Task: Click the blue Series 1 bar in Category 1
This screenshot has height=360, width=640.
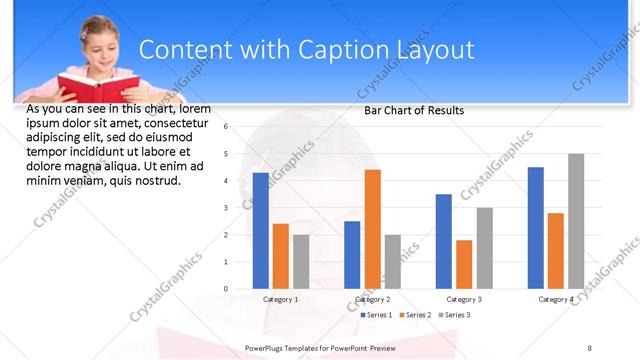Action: coord(261,231)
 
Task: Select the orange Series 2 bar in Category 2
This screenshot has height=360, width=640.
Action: coord(372,229)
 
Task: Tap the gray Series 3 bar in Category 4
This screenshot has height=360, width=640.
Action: coord(576,221)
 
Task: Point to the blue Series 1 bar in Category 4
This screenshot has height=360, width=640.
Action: coord(536,228)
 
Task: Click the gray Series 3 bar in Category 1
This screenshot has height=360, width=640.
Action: coord(301,262)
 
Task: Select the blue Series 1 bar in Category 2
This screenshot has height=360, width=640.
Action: coord(352,255)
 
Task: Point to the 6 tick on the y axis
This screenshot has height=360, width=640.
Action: coord(227,127)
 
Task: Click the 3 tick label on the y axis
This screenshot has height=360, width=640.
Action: coord(227,208)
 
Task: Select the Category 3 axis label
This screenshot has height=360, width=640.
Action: coord(464,299)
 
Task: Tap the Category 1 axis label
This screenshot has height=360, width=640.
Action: coord(281,299)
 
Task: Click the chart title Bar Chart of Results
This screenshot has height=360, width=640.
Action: coord(413,111)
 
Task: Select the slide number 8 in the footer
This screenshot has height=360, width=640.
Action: coord(590,348)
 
